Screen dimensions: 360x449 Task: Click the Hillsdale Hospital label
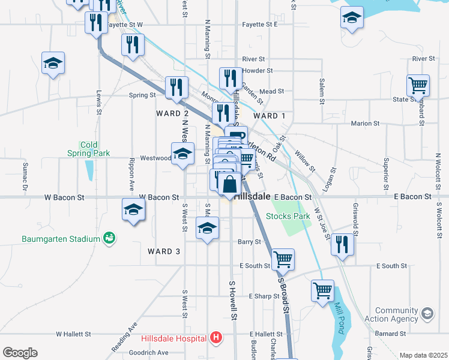[174, 338]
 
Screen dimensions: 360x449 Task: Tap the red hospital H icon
[216, 339]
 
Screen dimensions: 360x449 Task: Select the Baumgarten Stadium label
[61, 239]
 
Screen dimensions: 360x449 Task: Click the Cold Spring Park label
[95, 149]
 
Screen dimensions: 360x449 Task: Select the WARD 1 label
[270, 116]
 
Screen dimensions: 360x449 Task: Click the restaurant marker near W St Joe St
[342, 244]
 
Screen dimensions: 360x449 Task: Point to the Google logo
[20, 353]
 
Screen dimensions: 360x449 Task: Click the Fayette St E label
[259, 25]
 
